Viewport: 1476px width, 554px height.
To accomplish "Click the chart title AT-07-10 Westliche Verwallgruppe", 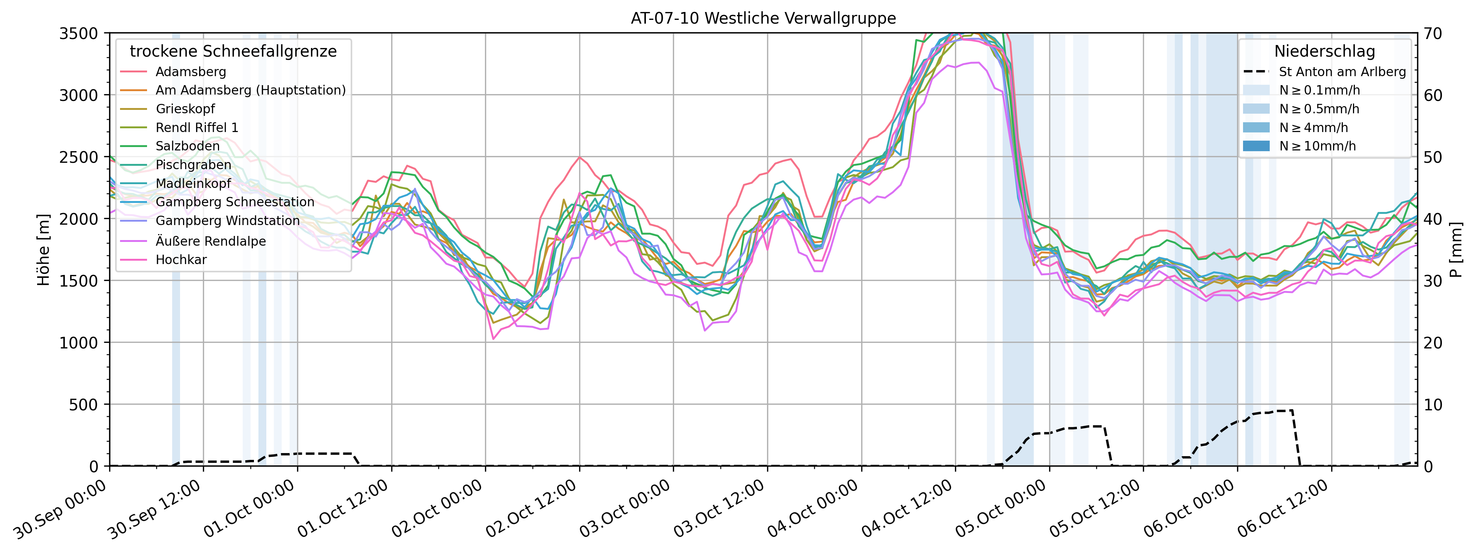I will [x=763, y=18].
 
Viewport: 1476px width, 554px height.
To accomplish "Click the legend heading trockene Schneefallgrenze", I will [x=233, y=51].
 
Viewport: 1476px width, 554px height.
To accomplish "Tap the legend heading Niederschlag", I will [x=1324, y=51].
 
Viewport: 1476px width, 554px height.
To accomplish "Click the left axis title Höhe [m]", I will [x=44, y=250].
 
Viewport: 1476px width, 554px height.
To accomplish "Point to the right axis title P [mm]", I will [x=1456, y=250].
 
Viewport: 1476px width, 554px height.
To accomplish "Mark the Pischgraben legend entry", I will [x=193, y=164].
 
